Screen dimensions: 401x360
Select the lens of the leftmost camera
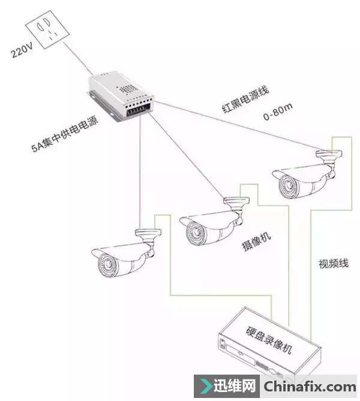click(106, 264)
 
